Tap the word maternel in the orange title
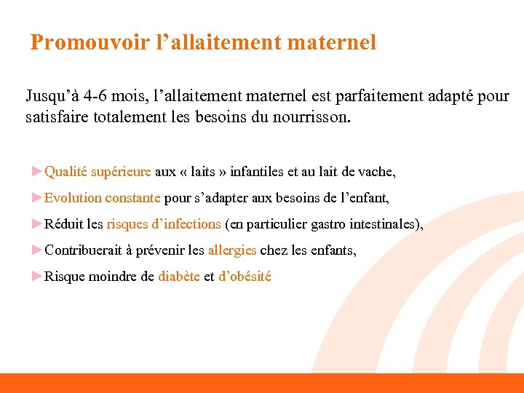coord(332,42)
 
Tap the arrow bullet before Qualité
coord(37,171)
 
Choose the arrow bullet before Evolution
coord(37,197)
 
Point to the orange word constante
coord(132,198)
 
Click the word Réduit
coord(61,224)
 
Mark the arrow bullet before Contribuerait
coord(37,250)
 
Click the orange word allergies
coord(232,250)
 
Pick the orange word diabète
coord(179,277)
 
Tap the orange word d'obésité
coord(245,277)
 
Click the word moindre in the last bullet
coord(114,277)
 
